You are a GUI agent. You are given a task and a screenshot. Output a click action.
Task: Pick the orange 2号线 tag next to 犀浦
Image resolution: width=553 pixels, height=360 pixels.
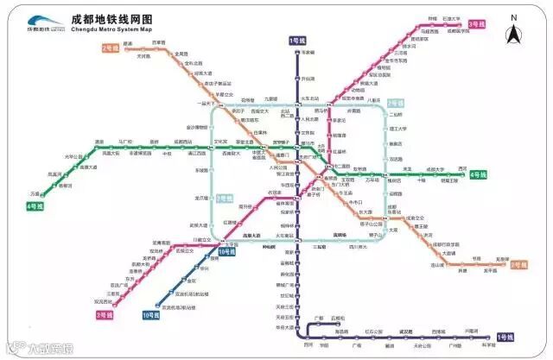[110, 49]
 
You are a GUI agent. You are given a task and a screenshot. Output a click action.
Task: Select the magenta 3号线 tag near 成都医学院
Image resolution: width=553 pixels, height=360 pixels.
[477, 25]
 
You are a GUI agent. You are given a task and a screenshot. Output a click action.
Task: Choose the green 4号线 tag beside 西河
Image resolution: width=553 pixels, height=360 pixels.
[478, 174]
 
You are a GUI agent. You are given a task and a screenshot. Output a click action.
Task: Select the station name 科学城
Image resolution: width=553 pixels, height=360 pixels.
[489, 345]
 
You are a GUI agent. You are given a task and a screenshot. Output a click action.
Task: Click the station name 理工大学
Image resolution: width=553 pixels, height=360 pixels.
[397, 129]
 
